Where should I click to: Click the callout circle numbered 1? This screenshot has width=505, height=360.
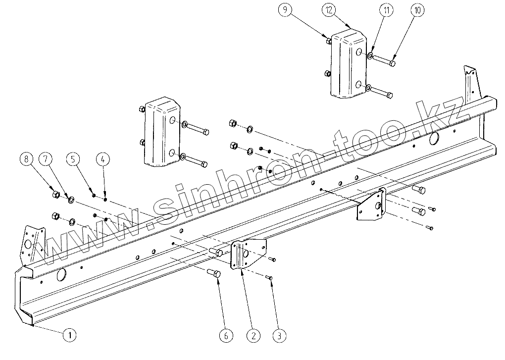click(x=70, y=335)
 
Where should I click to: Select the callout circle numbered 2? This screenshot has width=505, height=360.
click(x=253, y=335)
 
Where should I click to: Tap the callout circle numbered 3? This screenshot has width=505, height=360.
click(x=279, y=335)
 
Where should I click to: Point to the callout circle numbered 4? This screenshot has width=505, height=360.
click(x=103, y=160)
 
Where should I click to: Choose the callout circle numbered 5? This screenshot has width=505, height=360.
click(x=73, y=160)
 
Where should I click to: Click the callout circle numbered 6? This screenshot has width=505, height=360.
click(x=226, y=335)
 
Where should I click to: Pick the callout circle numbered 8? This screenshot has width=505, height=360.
click(x=26, y=160)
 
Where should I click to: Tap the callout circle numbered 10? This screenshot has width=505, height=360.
click(x=416, y=9)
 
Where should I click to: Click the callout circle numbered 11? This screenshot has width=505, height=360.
click(x=387, y=9)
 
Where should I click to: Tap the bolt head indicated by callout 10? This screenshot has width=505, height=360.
click(x=392, y=63)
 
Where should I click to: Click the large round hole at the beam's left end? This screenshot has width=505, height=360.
click(x=62, y=274)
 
